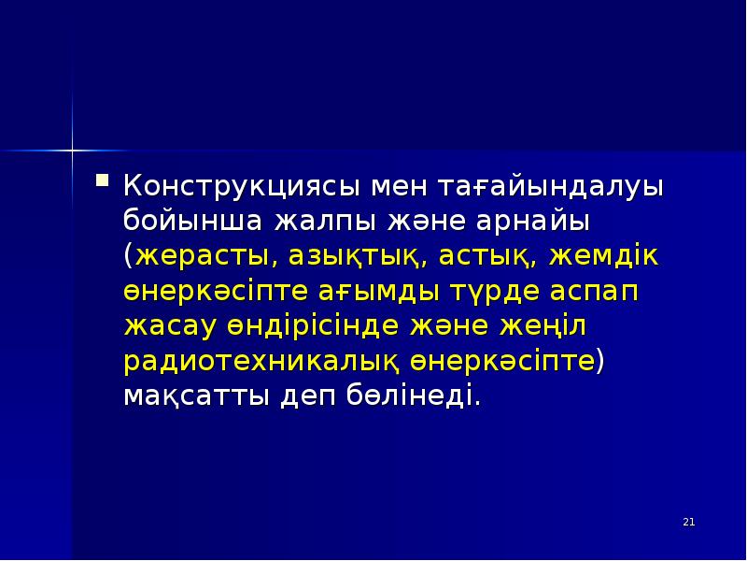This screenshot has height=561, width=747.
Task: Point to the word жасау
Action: [170, 325]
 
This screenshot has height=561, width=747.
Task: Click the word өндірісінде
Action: [307, 325]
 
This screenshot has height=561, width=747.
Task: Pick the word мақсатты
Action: [197, 396]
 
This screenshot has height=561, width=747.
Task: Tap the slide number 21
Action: [689, 521]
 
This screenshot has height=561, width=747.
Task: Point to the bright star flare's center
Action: [71, 148]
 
